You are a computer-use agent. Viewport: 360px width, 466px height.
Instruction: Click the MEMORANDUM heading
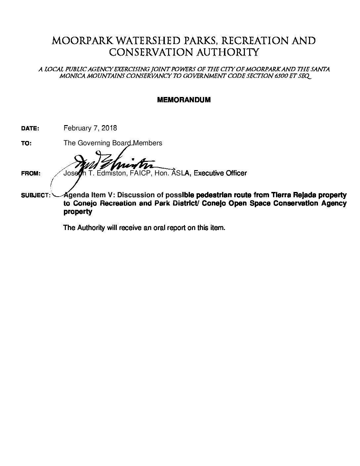click(184, 100)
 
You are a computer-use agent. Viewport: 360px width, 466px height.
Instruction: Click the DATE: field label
click(30, 129)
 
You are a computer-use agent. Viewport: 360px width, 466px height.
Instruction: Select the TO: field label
click(26, 144)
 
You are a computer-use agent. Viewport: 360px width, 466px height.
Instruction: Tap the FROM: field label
click(31, 173)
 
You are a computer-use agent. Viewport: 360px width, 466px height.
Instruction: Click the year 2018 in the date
click(109, 128)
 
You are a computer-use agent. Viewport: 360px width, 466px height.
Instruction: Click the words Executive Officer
click(220, 173)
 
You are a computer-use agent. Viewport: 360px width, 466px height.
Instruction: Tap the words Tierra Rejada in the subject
click(292, 195)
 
